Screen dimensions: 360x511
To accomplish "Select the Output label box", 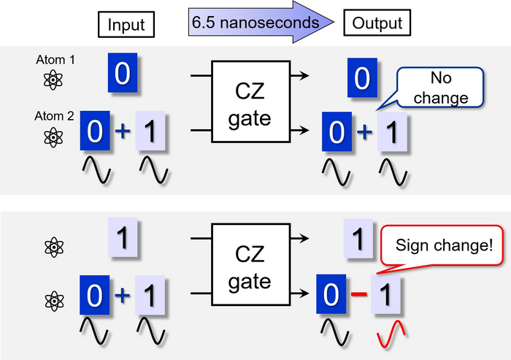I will coord(378,23).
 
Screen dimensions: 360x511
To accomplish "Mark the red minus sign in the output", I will coord(358,296).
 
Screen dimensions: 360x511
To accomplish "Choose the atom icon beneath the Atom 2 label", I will coord(53,136).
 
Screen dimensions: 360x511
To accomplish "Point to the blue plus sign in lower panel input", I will coord(123,296).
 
